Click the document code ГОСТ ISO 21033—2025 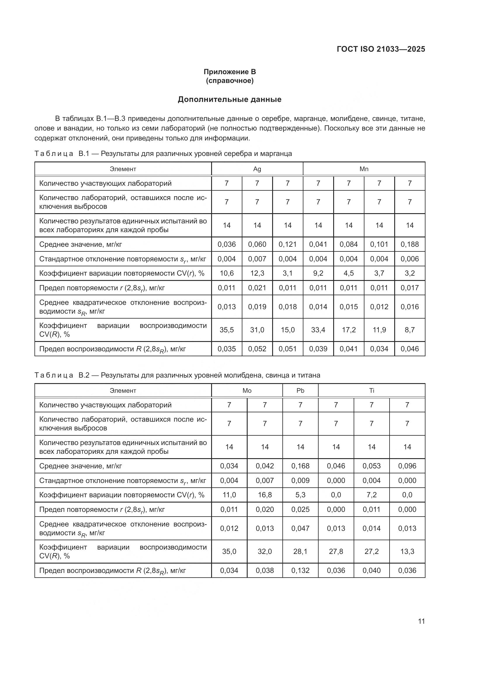tap(381, 49)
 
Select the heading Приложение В tap(230, 72)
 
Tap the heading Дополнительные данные tap(230, 99)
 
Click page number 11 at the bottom tap(421, 621)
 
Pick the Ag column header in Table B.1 tap(257, 169)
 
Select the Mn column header tap(364, 169)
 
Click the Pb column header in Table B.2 tap(300, 391)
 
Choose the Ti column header tap(371, 391)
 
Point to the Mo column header tap(247, 391)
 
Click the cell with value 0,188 tap(409, 244)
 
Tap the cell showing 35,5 tap(227, 330)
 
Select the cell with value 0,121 tap(288, 244)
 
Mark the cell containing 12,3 tap(257, 273)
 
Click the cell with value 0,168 tap(300, 466)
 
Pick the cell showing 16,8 tap(265, 495)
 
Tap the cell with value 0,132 tap(300, 570)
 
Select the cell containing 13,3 tap(407, 551)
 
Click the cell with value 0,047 tap(300, 528)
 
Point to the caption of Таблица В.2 tap(177, 375)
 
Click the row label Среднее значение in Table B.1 tap(81, 244)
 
